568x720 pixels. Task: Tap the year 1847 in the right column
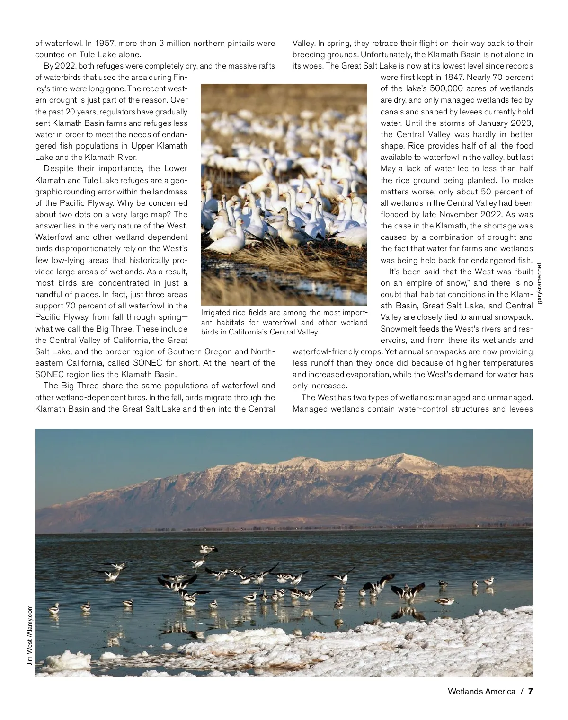452,77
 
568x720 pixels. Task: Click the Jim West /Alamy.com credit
29,635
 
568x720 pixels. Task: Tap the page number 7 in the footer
531,691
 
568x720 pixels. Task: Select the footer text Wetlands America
481,691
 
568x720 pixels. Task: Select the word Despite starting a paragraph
58,169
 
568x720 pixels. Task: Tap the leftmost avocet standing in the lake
54,606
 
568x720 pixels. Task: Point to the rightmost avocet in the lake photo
488,581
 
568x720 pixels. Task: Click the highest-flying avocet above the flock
207,549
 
